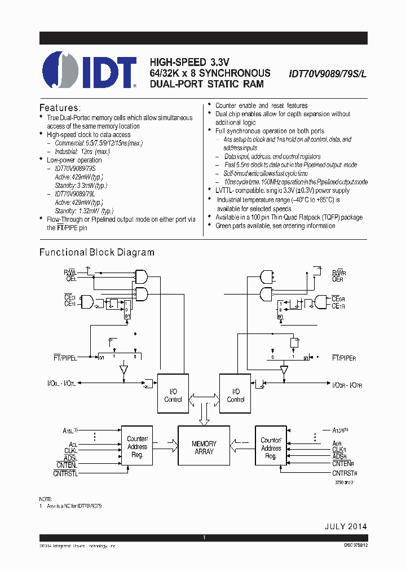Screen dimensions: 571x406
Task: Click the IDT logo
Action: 90,71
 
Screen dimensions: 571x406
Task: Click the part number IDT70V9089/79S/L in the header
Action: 327,73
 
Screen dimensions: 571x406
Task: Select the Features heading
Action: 60,107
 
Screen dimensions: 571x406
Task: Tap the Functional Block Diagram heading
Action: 96,252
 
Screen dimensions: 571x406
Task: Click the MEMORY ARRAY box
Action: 204,447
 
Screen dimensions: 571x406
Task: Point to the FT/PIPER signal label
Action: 344,358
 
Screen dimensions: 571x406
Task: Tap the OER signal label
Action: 337,279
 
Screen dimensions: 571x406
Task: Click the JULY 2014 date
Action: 345,526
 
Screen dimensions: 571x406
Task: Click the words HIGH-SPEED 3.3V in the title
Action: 189,62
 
